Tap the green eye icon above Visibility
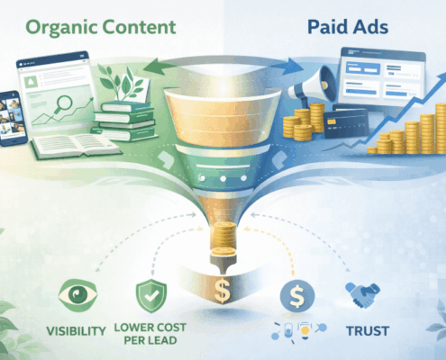click(75, 293)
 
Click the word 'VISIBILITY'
click(75, 330)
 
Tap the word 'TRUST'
click(366, 330)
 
